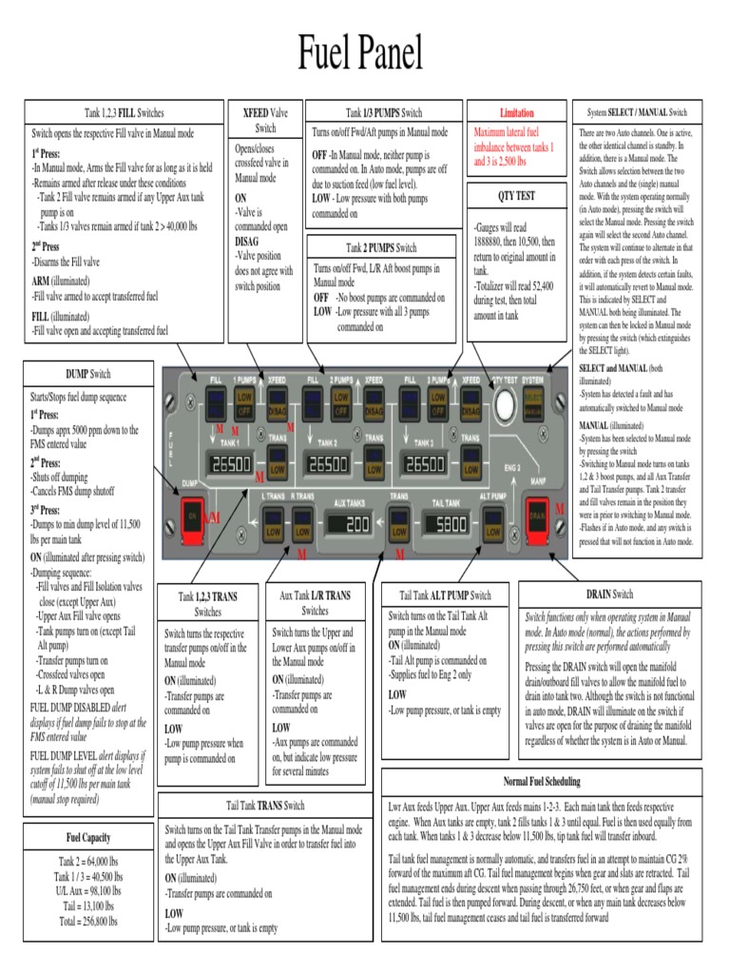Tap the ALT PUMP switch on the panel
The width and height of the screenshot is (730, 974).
(x=492, y=522)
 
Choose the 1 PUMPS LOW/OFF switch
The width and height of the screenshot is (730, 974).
(x=244, y=402)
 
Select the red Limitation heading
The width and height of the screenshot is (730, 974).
(x=517, y=112)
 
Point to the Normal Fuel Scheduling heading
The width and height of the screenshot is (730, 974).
(x=541, y=781)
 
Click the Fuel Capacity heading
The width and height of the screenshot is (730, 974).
(x=87, y=837)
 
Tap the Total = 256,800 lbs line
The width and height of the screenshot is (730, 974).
(x=88, y=921)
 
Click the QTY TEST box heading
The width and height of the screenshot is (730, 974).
(x=517, y=196)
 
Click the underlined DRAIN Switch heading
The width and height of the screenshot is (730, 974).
(x=609, y=594)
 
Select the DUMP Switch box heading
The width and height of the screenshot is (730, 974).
(x=87, y=374)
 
